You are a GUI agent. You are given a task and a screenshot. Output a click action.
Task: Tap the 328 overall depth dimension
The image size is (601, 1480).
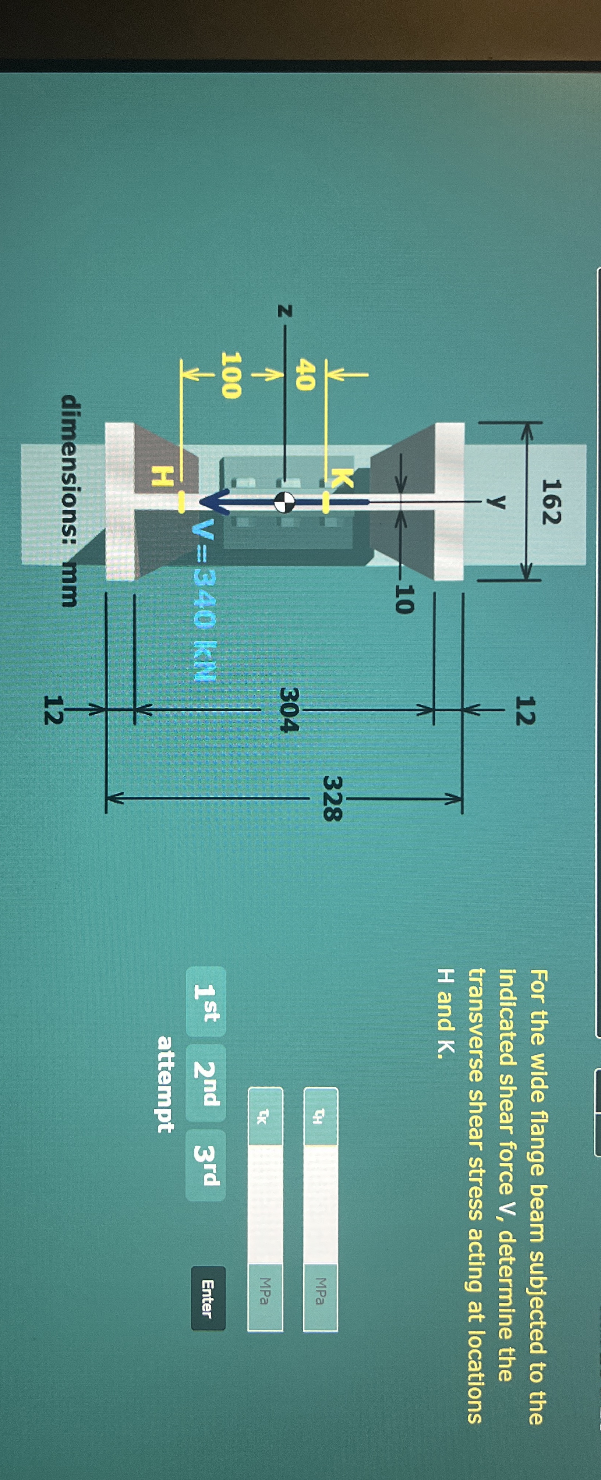coord(333,797)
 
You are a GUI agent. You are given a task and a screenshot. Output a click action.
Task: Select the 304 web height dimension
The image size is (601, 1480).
coord(289,709)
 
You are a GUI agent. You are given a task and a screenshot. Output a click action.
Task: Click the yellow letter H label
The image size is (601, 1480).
coord(162,475)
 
